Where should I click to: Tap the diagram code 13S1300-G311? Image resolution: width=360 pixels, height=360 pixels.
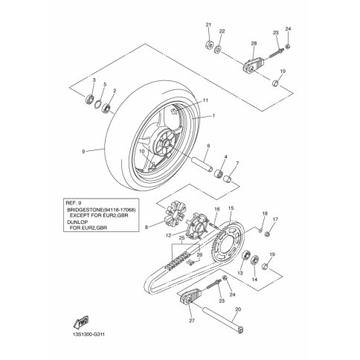(89, 335)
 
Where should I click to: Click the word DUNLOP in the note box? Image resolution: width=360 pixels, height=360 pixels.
(77, 222)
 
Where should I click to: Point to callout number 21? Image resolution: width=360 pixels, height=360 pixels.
(208, 25)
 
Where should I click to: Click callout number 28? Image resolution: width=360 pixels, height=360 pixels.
(254, 43)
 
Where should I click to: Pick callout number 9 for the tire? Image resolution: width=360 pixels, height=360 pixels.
(83, 151)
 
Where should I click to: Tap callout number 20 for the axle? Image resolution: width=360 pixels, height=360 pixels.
(238, 309)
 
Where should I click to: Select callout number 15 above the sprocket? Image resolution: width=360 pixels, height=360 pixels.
(231, 208)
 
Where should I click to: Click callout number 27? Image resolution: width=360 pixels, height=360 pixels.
(192, 321)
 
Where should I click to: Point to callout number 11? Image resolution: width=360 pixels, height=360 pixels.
(205, 100)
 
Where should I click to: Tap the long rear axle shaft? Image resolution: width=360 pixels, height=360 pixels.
(222, 321)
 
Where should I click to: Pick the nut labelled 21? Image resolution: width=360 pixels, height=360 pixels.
(209, 45)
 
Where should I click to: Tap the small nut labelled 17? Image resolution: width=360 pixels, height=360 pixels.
(267, 234)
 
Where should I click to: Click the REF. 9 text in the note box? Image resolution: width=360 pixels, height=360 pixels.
(72, 203)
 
